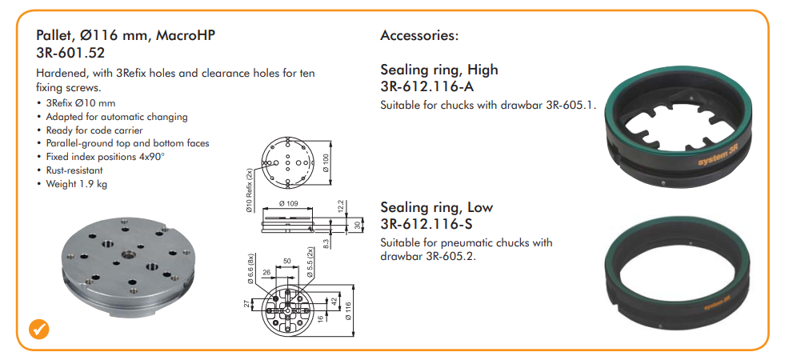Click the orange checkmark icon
(x=38, y=329)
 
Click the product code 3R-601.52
(x=70, y=52)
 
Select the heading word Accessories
(x=419, y=35)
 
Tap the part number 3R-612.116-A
(x=427, y=87)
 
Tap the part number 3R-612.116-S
(x=427, y=224)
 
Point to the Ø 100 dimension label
(x=327, y=162)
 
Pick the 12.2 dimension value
(x=341, y=205)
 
